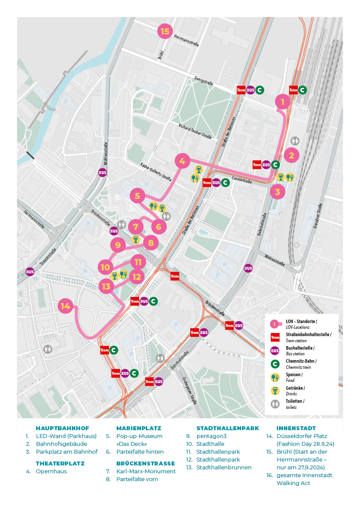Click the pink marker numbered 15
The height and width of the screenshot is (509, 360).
click(x=165, y=31)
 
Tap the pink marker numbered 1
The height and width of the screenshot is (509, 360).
click(x=283, y=102)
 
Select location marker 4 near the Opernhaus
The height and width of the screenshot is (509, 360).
click(x=182, y=161)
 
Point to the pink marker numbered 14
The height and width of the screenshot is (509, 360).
click(x=65, y=306)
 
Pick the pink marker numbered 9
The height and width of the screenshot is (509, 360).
click(x=118, y=245)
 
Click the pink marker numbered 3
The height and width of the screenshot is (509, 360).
click(x=277, y=191)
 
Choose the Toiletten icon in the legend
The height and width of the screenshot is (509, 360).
click(x=275, y=404)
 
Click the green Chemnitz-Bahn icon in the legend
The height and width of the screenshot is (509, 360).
click(x=275, y=364)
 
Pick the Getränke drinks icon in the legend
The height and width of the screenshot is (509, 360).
click(x=275, y=390)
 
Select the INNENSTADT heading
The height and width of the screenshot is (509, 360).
click(x=296, y=428)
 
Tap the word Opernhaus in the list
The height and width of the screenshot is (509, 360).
click(x=51, y=472)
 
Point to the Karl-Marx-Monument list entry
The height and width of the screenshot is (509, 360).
click(x=146, y=472)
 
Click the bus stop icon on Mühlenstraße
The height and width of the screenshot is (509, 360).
click(x=103, y=172)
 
